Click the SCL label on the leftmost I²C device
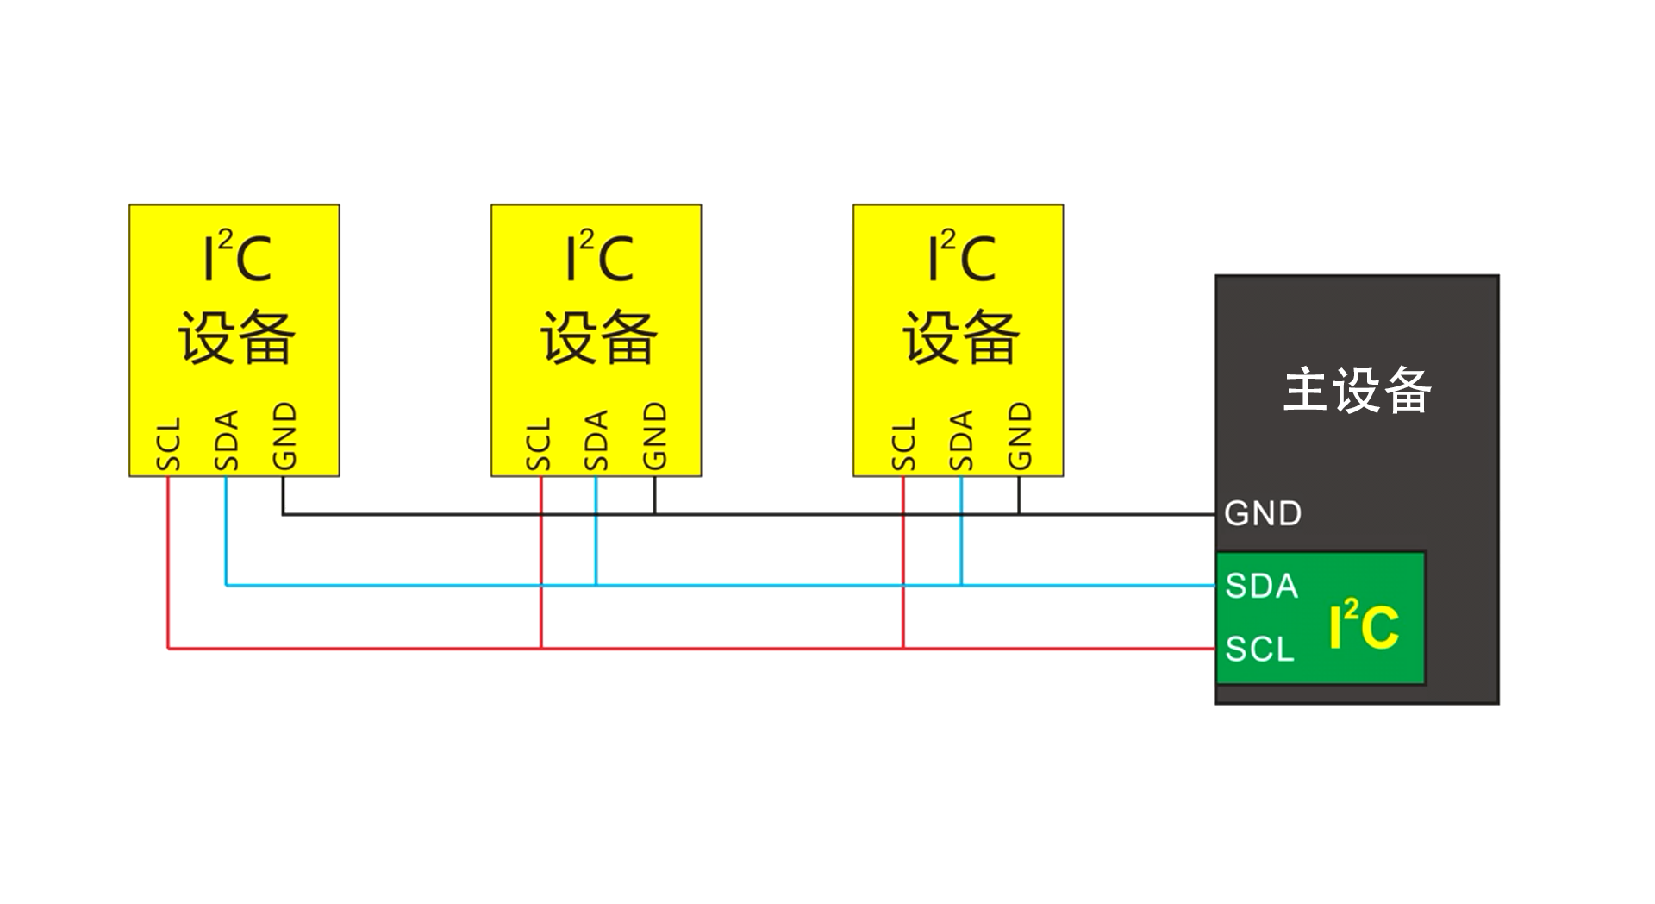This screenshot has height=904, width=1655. tap(169, 445)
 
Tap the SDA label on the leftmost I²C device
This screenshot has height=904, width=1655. tap(226, 441)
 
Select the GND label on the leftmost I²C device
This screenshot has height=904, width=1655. tap(284, 436)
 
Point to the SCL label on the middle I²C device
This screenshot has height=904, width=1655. tap(539, 445)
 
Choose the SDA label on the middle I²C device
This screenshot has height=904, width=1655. tap(596, 441)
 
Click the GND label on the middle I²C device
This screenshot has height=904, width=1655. tap(654, 436)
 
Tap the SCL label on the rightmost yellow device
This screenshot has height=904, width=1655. tap(903, 445)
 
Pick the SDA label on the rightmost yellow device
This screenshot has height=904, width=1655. tap(961, 441)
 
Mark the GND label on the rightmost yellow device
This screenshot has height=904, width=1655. tap(1020, 436)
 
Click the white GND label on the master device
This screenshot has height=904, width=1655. tap(1263, 514)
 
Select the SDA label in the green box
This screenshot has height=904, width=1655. tap(1261, 587)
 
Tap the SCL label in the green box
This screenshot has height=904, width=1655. tap(1259, 650)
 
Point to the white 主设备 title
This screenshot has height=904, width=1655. tap(1357, 391)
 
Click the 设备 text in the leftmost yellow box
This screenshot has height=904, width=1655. tap(236, 336)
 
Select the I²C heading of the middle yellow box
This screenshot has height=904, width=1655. tap(598, 257)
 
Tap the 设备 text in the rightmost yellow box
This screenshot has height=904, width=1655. tap(960, 336)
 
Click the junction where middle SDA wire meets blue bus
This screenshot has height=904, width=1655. tap(596, 586)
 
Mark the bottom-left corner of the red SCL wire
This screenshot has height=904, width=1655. tap(168, 648)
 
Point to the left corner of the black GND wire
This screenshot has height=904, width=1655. tap(284, 515)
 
